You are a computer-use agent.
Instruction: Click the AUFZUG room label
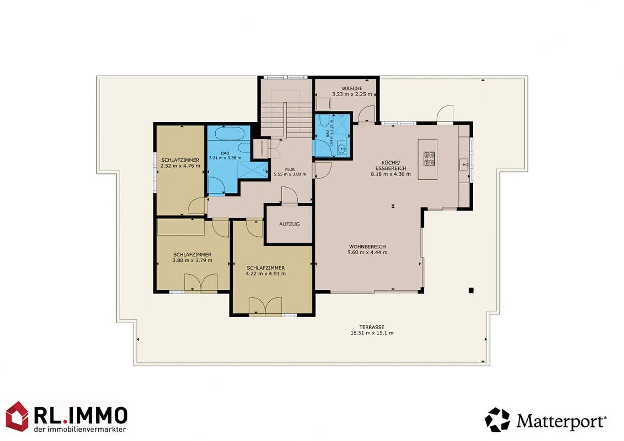click(289, 224)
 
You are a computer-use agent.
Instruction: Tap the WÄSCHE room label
click(352, 88)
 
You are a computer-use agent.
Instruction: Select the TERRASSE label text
click(371, 328)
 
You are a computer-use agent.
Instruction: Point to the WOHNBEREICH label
click(367, 247)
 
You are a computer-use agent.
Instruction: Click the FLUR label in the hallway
click(290, 170)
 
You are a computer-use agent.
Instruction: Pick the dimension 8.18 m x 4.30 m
click(390, 174)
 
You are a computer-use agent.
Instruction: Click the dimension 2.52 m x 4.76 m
click(180, 165)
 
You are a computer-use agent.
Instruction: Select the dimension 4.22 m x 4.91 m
click(266, 274)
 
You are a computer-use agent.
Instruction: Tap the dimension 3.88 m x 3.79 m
click(192, 260)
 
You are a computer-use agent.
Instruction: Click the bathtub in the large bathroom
click(230, 133)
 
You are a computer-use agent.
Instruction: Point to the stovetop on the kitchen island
click(429, 159)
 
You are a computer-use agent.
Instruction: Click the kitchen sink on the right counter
click(464, 164)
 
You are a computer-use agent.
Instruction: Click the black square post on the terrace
click(471, 291)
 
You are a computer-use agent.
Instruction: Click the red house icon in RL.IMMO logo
click(17, 416)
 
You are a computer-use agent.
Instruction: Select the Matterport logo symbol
click(497, 420)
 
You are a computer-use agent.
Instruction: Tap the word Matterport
click(561, 421)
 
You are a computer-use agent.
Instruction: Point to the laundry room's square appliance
click(323, 104)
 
